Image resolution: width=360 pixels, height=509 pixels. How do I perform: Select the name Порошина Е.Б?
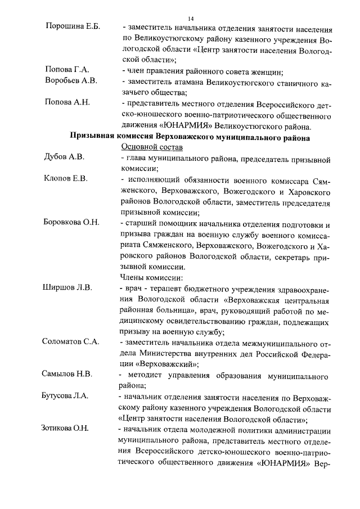(72, 27)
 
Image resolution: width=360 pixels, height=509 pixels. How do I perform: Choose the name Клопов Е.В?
(66, 179)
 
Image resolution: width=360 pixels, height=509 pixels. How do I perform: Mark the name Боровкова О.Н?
(71, 222)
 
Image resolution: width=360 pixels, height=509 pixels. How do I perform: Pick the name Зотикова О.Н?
(65, 428)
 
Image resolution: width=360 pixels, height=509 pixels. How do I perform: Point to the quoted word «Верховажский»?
(151, 363)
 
